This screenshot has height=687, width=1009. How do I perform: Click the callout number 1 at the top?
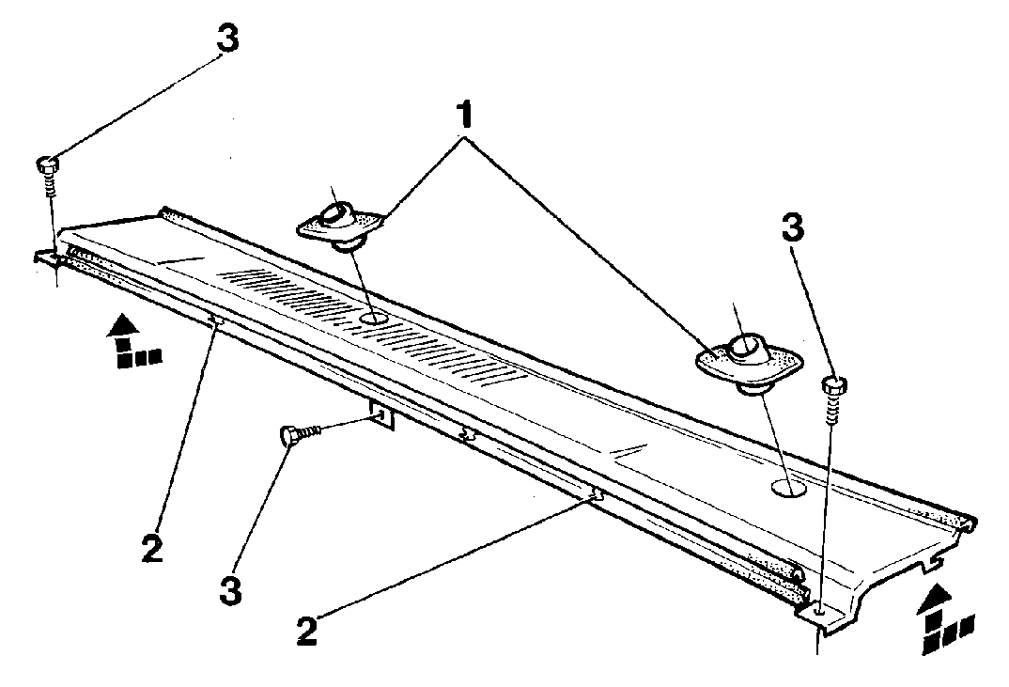tap(464, 117)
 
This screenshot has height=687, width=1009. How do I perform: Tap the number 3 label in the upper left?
tap(227, 39)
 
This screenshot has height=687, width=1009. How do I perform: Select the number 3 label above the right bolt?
tap(793, 227)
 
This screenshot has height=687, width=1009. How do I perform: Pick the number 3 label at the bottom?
tap(231, 590)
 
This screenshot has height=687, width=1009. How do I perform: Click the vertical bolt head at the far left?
tap(47, 164)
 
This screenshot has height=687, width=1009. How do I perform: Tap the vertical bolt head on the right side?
tap(834, 385)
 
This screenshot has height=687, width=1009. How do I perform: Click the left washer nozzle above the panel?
tap(339, 224)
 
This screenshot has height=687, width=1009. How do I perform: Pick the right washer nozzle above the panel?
tap(749, 359)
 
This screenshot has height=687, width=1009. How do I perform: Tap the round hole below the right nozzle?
tap(789, 488)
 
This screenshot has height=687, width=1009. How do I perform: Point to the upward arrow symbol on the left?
tap(135, 341)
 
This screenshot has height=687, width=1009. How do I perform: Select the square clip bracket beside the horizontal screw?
tap(381, 414)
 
